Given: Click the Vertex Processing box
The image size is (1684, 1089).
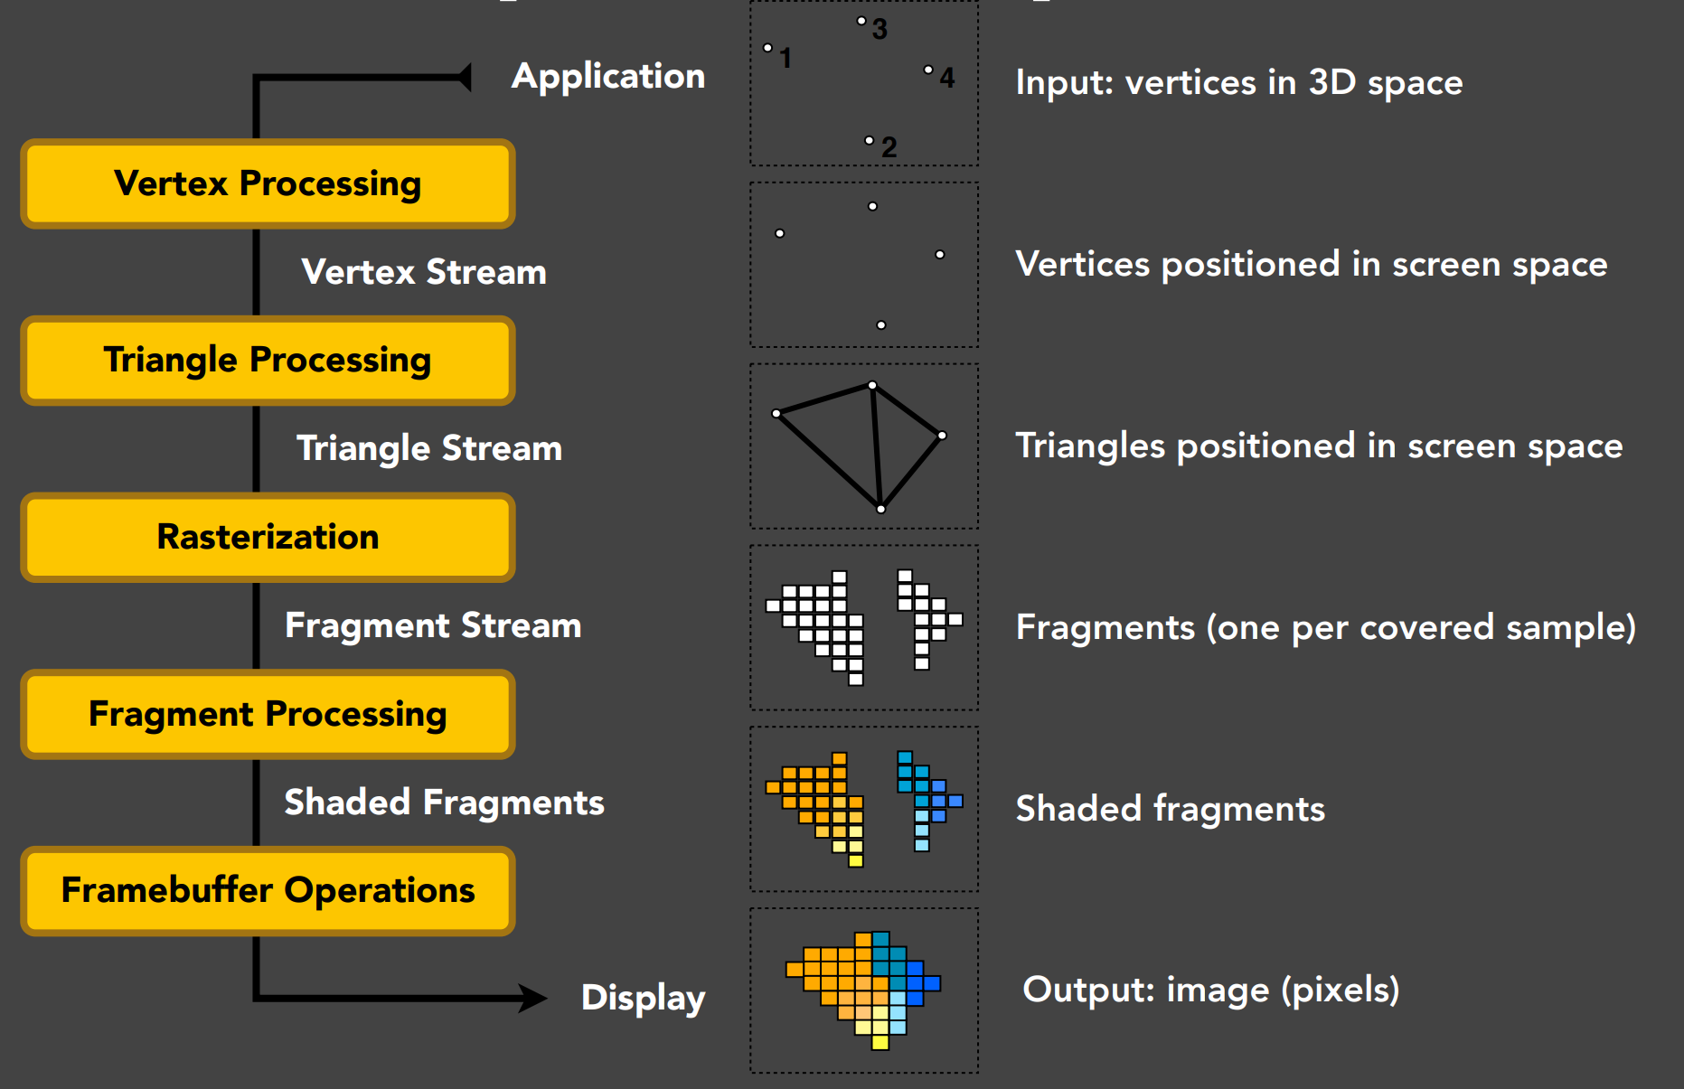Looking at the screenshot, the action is (268, 183).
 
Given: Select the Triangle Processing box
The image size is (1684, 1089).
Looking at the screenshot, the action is (268, 361).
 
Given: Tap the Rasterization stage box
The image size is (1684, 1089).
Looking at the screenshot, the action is (268, 537).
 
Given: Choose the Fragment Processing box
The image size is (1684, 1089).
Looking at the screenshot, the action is (268, 714).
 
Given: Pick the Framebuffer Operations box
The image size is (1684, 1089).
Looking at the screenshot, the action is (268, 891).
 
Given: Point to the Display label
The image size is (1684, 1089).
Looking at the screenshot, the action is (644, 999).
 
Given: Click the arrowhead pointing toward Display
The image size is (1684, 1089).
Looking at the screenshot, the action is (532, 998).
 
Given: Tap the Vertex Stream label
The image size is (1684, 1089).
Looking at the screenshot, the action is (424, 272).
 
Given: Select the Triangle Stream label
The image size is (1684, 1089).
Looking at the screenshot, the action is (429, 449).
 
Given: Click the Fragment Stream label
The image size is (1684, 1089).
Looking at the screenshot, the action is (433, 626).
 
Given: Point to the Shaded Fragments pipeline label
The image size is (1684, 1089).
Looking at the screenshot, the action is (444, 803).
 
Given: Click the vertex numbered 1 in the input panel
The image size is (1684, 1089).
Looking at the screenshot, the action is (767, 48).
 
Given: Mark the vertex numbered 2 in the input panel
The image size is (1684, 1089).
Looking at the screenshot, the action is (870, 140).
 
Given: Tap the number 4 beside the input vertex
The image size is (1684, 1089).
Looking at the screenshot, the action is (946, 78).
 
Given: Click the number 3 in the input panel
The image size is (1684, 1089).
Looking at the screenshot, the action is (880, 29).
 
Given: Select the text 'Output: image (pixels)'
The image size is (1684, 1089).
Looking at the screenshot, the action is (1211, 990).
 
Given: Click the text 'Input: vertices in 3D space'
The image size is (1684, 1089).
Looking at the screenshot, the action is (1239, 83).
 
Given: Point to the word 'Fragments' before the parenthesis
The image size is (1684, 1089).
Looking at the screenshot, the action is (1105, 627).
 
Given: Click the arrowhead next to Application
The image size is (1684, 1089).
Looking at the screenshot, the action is (464, 78).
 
